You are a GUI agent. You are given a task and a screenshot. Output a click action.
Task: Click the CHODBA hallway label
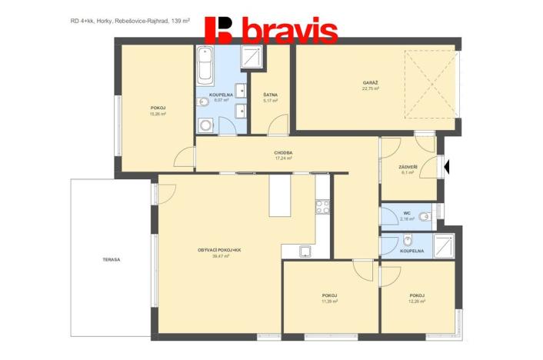coord(283,152)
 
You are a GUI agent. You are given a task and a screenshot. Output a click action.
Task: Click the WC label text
coord(406,213)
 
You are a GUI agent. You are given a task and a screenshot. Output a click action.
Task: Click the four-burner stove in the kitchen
coord(322,205)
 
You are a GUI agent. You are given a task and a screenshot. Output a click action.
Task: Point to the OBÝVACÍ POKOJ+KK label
coord(221,250)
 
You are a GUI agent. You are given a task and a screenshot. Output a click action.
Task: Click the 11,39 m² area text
coord(330,302)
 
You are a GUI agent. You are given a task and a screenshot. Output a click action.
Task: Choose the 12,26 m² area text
coord(418,302)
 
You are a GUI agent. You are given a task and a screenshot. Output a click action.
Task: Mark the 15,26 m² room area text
coord(158,114)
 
